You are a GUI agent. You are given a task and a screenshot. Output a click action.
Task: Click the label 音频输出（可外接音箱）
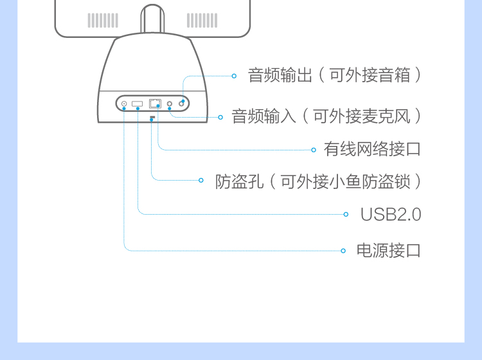tap(335, 75)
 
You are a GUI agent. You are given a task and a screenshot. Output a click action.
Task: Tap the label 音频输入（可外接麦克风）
tap(326, 116)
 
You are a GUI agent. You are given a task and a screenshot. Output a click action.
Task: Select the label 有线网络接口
tap(372, 150)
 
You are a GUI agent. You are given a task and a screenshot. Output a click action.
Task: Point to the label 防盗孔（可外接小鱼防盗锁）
tap(319, 181)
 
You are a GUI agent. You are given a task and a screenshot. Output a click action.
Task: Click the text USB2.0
tap(390, 214)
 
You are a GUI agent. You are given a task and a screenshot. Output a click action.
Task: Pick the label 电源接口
tap(388, 250)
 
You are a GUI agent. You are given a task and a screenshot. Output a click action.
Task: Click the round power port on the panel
tap(124, 104)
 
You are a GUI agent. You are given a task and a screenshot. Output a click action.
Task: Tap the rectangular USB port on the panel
tap(138, 104)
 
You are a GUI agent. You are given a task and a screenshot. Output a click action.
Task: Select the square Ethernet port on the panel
tap(156, 103)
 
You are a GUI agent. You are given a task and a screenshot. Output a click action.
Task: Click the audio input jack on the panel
tap(170, 104)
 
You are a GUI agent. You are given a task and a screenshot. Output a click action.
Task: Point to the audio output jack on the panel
tap(182, 103)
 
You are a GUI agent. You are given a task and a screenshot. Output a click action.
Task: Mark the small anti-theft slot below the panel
tap(152, 118)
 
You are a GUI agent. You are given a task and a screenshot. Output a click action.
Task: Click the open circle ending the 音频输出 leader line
tap(234, 76)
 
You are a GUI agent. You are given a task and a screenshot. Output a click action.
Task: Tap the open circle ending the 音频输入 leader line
tap(220, 117)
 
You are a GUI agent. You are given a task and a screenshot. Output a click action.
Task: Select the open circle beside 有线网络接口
tap(314, 150)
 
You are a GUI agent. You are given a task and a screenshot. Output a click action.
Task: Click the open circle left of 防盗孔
tap(201, 181)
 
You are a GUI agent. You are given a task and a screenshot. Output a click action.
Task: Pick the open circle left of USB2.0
tap(346, 214)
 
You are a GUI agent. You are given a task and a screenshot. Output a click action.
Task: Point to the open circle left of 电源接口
tap(344, 250)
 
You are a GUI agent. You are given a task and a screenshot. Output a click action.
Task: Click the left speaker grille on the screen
tap(103, 21)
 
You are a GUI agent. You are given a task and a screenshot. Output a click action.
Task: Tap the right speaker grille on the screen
tap(202, 21)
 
